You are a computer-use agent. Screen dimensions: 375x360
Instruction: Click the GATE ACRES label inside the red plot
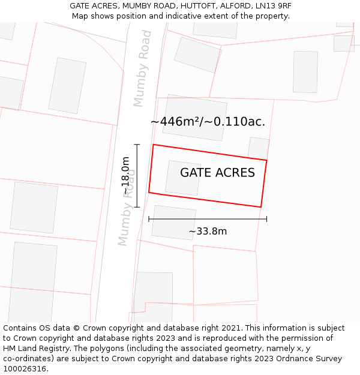(217, 173)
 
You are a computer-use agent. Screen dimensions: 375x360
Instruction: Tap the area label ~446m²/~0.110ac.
(208, 122)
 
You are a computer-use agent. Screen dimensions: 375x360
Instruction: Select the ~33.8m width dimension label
(208, 232)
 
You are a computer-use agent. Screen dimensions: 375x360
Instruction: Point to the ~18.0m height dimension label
(125, 175)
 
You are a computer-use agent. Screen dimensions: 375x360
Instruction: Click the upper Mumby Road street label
(143, 68)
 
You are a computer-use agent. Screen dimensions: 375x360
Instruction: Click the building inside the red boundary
(183, 178)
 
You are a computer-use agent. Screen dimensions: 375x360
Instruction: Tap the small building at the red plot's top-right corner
(259, 148)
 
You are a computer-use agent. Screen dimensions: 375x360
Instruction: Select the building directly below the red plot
(173, 223)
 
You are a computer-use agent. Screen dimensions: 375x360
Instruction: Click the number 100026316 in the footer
(24, 369)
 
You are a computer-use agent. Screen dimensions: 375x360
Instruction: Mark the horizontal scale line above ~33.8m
(208, 219)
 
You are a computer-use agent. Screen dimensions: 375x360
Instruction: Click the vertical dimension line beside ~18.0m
(137, 175)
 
